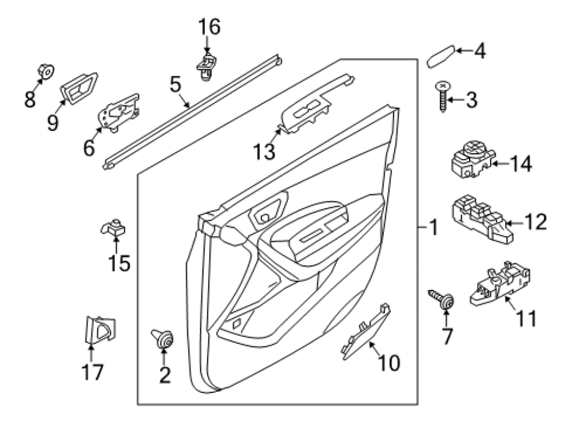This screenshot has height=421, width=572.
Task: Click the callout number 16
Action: pos(209,27)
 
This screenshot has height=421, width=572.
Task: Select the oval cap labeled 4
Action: pos(441,57)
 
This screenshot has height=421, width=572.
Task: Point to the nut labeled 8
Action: pos(46,72)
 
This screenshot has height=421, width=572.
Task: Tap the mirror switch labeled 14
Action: pos(473,160)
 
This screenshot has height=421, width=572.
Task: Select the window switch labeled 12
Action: pos(482,219)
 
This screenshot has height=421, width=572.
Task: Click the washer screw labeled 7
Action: pos(442,300)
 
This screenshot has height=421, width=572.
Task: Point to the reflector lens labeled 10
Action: pos(365,332)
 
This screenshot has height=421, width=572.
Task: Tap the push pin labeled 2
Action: pos(163,338)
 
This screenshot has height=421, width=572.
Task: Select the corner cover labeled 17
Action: pos(100,330)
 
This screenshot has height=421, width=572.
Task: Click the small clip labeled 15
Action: pos(114,228)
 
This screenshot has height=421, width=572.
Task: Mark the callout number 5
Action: pos(175,85)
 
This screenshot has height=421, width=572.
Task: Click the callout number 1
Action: pos(433,227)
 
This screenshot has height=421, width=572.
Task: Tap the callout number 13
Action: pos(264,151)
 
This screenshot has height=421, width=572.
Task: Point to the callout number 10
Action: pos(389,363)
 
